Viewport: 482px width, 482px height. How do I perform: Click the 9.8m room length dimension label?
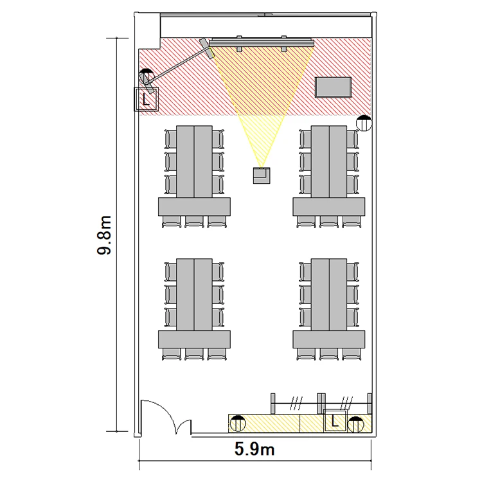click(104, 235)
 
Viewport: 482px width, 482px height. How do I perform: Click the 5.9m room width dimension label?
click(254, 449)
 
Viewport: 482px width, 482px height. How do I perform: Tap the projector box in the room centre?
click(262, 175)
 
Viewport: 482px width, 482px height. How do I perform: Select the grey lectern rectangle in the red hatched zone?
click(333, 87)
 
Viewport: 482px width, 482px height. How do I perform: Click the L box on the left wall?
click(146, 99)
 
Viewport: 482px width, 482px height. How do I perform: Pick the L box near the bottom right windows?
click(335, 420)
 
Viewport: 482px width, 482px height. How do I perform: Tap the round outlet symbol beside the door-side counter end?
click(238, 424)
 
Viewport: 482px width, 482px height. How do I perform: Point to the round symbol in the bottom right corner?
click(356, 425)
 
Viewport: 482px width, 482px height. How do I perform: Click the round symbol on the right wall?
click(364, 123)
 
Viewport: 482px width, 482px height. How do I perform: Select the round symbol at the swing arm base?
click(146, 76)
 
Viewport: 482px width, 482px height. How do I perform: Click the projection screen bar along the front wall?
click(262, 42)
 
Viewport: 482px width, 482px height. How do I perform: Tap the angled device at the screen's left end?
click(207, 48)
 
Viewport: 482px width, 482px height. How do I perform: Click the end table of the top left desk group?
click(194, 206)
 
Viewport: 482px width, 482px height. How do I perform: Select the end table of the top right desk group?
click(329, 206)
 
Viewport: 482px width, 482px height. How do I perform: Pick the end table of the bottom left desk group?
click(194, 339)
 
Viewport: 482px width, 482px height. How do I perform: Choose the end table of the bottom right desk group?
click(329, 339)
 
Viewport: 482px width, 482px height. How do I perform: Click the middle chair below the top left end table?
click(194, 222)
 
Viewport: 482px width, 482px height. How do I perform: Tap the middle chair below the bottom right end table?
click(329, 354)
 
